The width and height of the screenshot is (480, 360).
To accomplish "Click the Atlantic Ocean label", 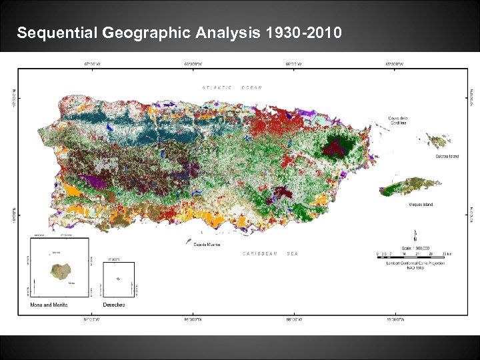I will coord(232,87).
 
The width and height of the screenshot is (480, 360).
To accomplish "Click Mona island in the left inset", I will coord(60,271).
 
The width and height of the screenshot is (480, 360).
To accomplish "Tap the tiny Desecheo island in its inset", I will coord(118,279).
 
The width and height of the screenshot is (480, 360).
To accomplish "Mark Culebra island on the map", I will coord(438,141).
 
